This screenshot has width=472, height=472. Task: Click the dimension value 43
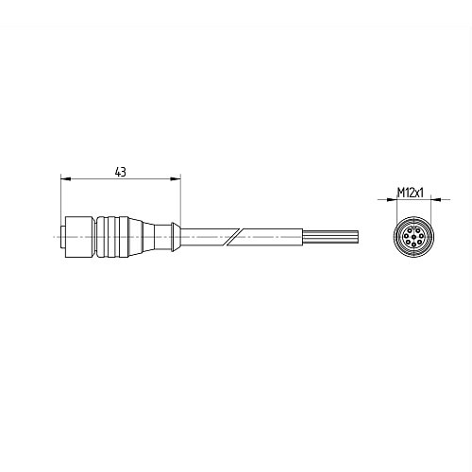(x=120, y=172)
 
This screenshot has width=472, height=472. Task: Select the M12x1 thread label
(x=409, y=192)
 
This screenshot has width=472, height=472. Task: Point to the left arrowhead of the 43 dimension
(x=63, y=178)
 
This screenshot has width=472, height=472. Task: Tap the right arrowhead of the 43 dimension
(x=177, y=178)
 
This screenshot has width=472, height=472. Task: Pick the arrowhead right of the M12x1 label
(x=429, y=199)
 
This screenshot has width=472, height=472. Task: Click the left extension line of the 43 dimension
(x=59, y=198)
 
